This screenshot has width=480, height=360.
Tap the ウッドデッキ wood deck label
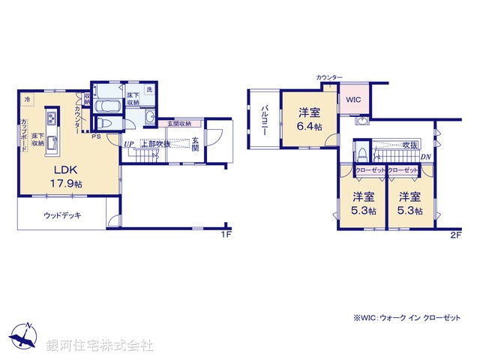click(62, 216)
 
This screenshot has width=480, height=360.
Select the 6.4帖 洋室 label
click(309, 119)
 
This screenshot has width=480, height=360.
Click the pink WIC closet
click(353, 99)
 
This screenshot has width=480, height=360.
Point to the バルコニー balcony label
click(265, 120)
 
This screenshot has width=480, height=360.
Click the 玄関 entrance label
click(195, 143)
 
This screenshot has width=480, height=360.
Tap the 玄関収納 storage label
click(178, 124)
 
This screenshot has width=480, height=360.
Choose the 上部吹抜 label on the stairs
click(156, 143)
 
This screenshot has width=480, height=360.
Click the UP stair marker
click(129, 143)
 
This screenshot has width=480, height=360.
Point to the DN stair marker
click(425, 157)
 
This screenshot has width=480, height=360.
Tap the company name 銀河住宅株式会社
click(99, 345)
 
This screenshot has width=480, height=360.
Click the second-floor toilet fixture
click(362, 154)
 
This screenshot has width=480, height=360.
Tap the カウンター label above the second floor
click(329, 78)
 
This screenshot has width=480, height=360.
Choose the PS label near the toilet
click(96, 136)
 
